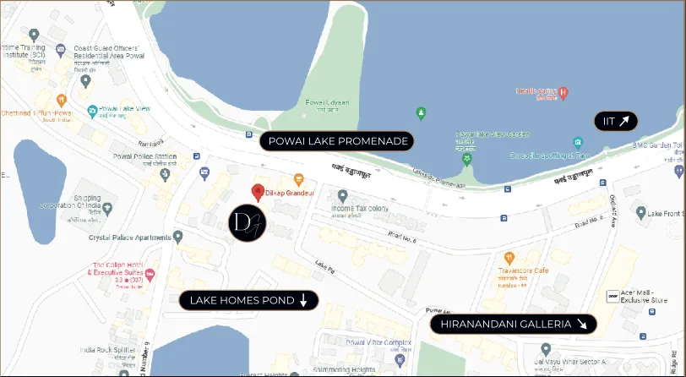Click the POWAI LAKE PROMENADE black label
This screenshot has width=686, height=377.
tap(337, 141)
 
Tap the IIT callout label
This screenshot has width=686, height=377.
tap(615, 121)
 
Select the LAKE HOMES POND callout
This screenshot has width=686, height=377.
tap(248, 300)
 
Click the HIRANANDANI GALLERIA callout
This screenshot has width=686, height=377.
tap(513, 324)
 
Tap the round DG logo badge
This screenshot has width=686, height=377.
tap(248, 221)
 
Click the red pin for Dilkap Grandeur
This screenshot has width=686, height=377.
tap(258, 191)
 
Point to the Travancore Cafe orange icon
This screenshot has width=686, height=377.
tap(509, 258)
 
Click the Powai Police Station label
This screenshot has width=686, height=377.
tap(144, 157)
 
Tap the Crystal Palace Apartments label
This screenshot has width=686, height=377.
tap(128, 238)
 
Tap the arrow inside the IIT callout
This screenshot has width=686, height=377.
tap(624, 121)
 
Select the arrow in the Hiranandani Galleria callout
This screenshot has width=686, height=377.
tap(582, 324)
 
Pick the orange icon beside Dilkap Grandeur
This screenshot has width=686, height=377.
tap(298, 179)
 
